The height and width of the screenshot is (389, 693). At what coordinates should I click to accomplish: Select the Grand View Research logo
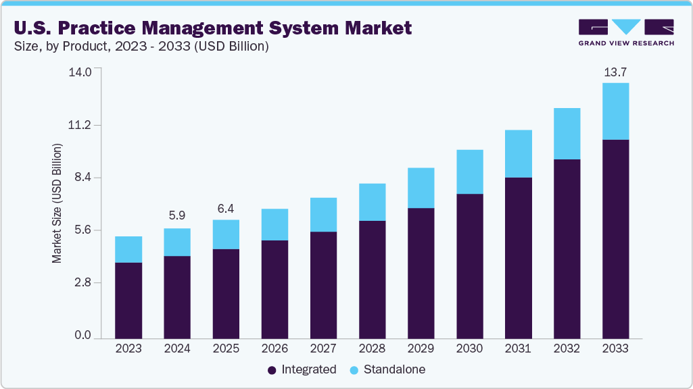tap(626, 32)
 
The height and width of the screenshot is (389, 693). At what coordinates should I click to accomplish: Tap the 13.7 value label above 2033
tap(615, 71)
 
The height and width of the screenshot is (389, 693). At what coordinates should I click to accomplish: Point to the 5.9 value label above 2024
tap(177, 216)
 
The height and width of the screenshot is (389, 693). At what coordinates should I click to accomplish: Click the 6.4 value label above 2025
tap(226, 208)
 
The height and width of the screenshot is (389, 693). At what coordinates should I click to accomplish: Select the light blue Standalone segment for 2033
tap(615, 111)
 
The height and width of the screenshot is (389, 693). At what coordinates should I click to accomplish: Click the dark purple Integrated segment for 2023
tap(128, 300)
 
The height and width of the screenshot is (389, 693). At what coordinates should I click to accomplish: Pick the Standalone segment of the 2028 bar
tap(372, 202)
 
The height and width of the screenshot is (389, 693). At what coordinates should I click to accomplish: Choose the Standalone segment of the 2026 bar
tap(274, 224)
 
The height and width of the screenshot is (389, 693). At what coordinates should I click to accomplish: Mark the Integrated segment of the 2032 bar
tap(567, 249)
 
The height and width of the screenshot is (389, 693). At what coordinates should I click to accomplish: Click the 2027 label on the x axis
tap(323, 349)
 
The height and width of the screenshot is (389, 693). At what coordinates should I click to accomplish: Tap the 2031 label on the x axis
tap(518, 349)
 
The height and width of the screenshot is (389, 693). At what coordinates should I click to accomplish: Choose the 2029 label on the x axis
tap(421, 349)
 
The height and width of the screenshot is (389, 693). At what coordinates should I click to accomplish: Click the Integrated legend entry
tap(302, 370)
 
